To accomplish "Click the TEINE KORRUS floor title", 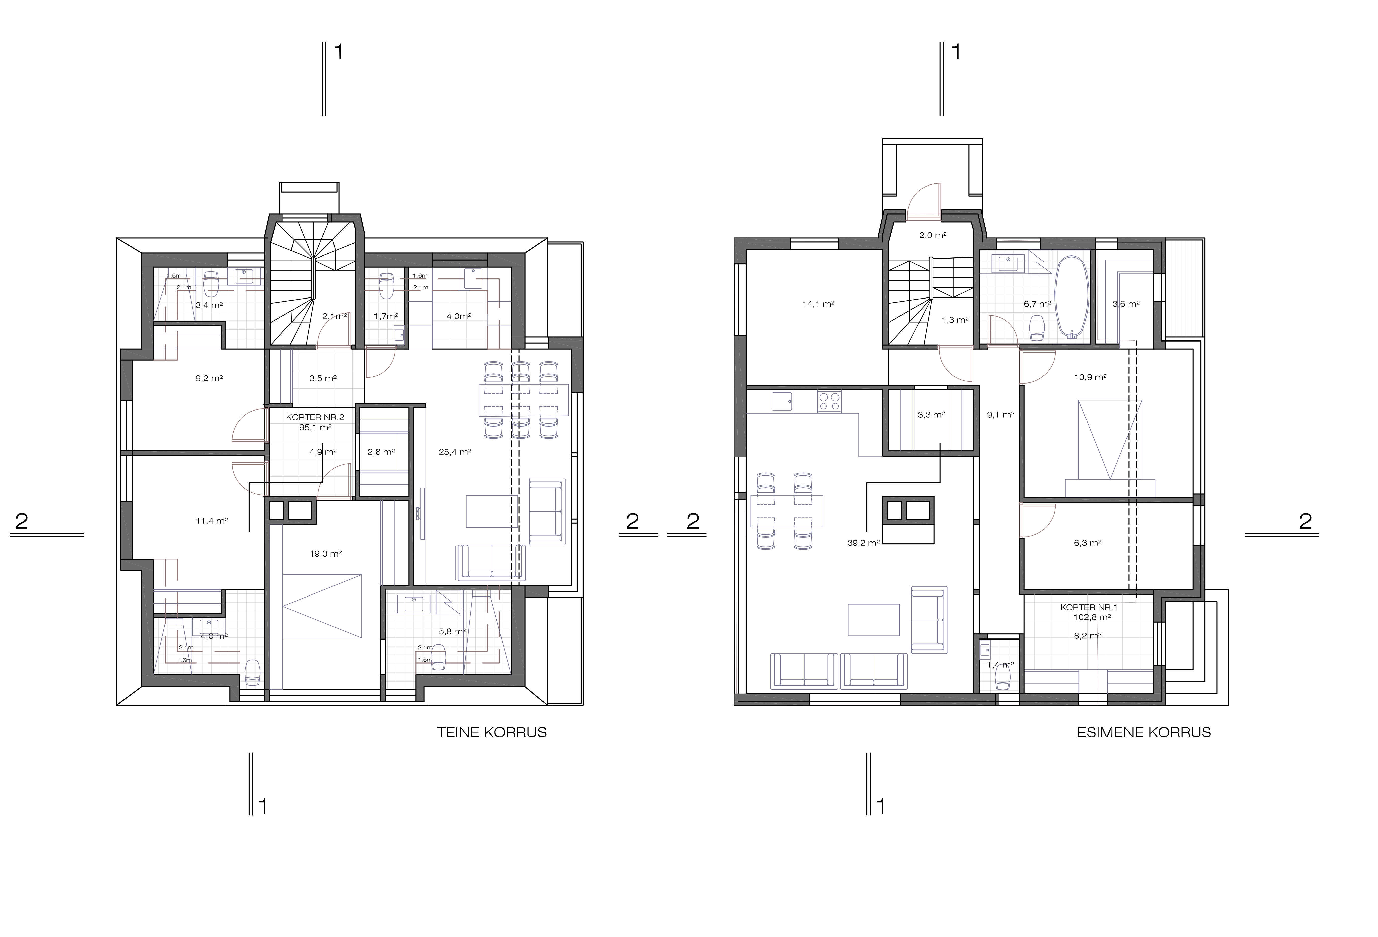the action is (491, 732).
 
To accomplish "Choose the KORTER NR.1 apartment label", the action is (1089, 607).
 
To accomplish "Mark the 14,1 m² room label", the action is (818, 304).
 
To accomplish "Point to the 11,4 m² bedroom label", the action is (212, 521).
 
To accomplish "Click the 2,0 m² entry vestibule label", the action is (933, 235).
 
